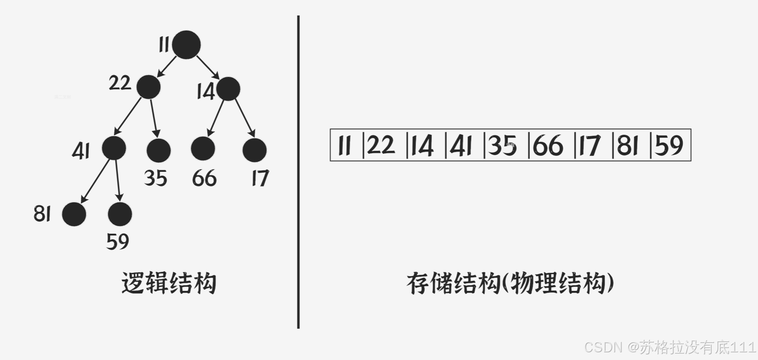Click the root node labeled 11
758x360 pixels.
[x=186, y=45]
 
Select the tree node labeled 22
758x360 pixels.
[x=149, y=87]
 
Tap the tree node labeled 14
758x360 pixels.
[x=228, y=89]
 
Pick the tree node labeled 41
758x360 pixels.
[x=114, y=148]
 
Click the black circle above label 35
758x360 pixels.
[x=159, y=150]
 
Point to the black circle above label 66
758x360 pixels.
[x=203, y=149]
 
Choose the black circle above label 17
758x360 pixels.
[x=254, y=150]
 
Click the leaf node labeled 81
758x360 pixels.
[x=74, y=214]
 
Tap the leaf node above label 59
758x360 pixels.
[x=120, y=214]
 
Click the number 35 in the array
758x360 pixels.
[x=502, y=145]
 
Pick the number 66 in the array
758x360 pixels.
[x=548, y=145]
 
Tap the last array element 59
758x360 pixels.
[x=669, y=145]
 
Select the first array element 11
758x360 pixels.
[x=345, y=145]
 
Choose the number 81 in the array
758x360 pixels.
[x=628, y=145]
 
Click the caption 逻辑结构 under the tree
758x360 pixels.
[x=168, y=283]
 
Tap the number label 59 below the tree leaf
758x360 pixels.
[x=117, y=241]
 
